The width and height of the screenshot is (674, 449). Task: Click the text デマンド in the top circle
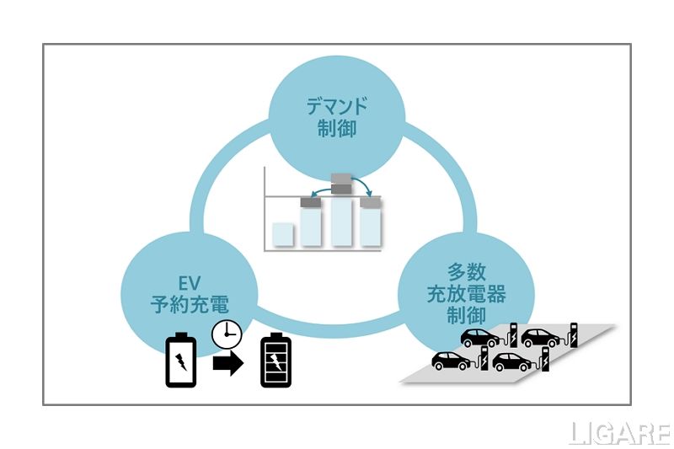336,108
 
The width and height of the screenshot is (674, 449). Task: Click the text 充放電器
465,295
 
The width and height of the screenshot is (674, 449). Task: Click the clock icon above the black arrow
225,334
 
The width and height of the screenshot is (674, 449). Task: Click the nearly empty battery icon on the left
180,361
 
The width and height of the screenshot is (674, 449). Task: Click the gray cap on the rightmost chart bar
370,203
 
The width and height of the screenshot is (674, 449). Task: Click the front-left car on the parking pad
451,361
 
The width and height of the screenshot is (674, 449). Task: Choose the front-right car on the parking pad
512,361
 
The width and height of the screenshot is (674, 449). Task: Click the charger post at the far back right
575,334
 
